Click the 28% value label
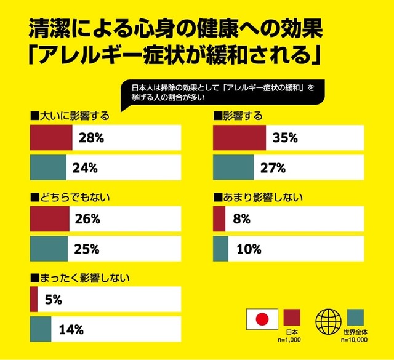90,138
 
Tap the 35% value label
285,138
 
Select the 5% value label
52,300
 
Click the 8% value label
241,219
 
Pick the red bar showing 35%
239,138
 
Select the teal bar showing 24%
48,167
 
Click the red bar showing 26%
49,219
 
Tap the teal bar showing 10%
220,249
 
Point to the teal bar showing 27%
233,167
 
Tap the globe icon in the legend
327,319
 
